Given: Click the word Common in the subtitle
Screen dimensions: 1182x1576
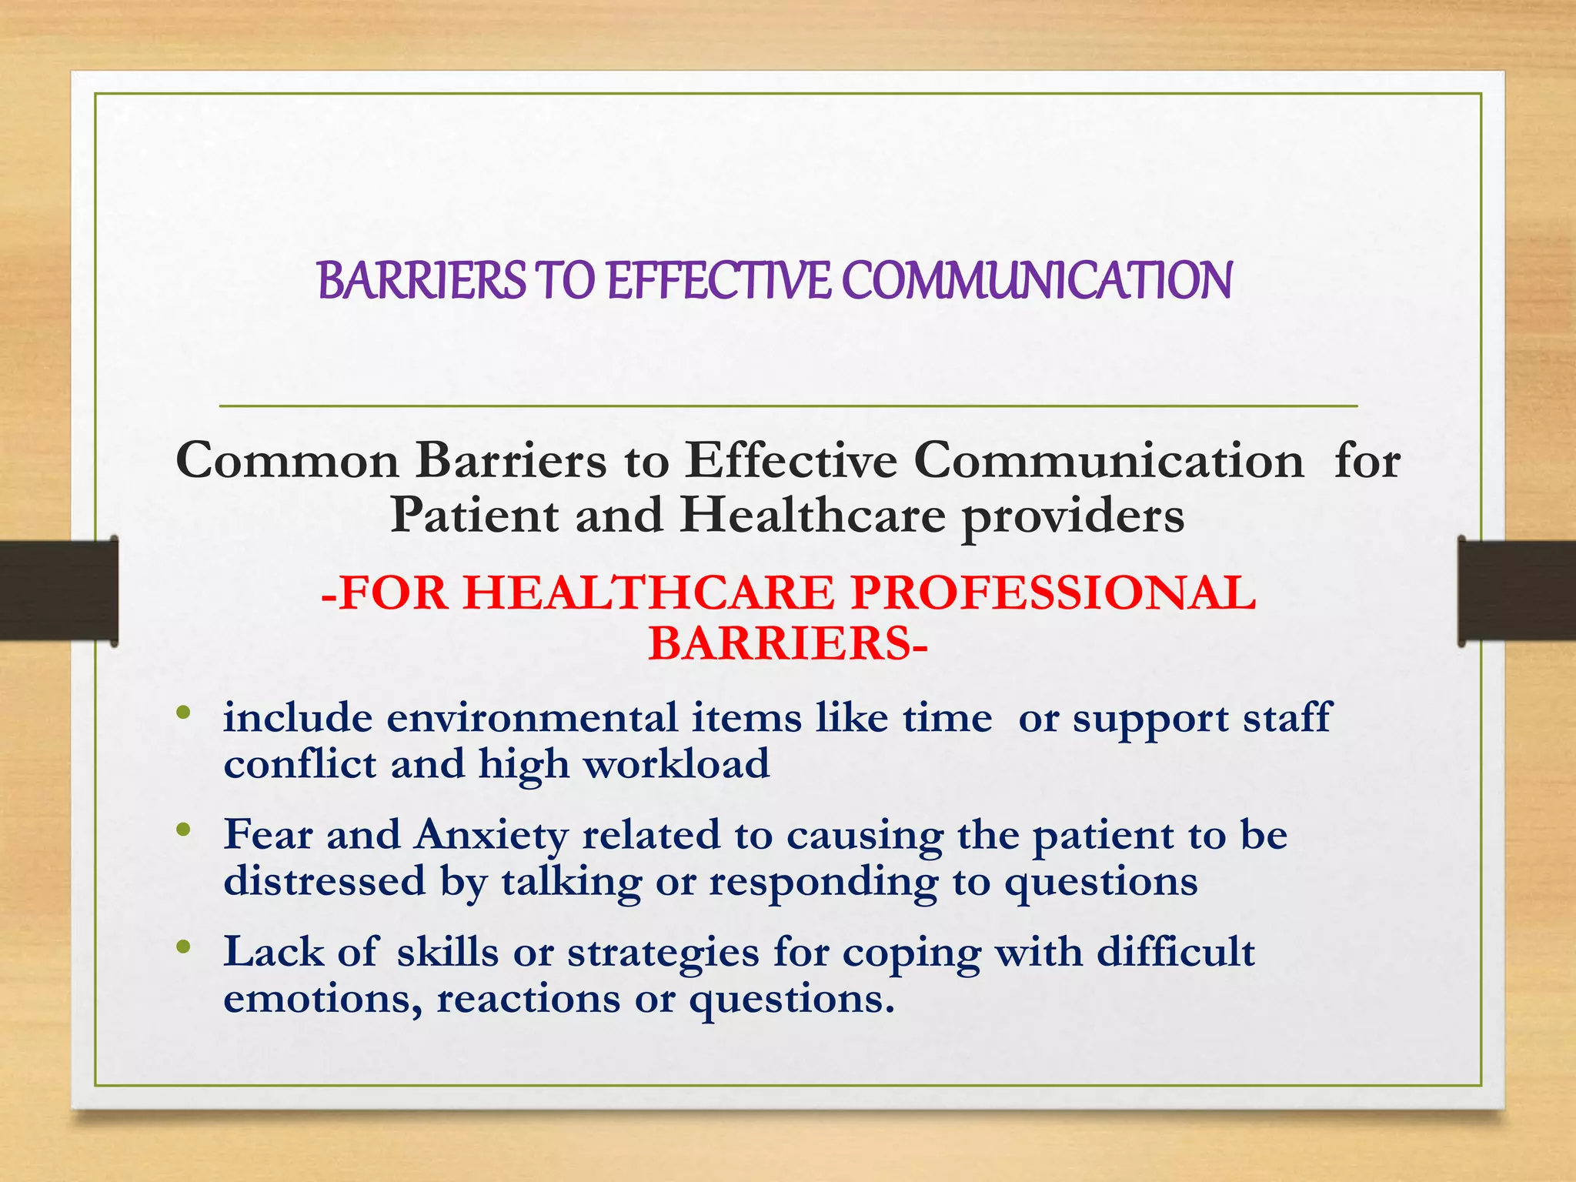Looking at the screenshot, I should (x=287, y=461).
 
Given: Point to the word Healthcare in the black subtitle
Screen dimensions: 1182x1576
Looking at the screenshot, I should (x=812, y=515).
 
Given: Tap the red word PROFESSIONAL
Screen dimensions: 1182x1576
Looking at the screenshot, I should (x=1053, y=593).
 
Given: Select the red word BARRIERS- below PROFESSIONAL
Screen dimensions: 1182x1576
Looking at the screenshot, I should (x=788, y=643).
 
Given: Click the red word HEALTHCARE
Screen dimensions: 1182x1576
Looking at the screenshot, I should (x=649, y=593).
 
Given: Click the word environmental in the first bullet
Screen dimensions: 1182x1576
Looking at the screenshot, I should (x=532, y=718).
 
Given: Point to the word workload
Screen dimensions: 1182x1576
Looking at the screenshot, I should (x=676, y=764).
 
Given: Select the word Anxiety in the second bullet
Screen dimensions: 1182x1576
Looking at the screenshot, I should (x=491, y=836).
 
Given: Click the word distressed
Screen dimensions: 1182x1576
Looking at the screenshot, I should (x=324, y=881).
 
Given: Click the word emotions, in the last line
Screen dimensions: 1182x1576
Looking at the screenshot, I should (x=322, y=1000).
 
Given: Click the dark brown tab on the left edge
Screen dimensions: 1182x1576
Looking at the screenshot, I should (x=58, y=591).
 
